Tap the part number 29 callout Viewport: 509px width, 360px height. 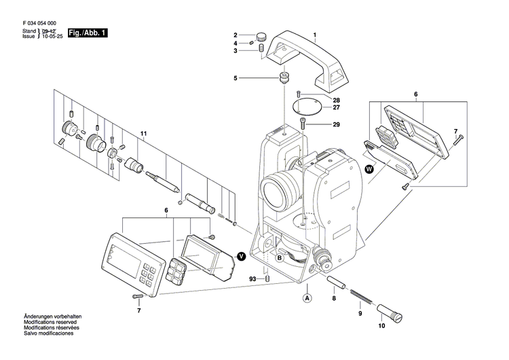pyautogui.click(x=336, y=125)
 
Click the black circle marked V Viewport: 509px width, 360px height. pyautogui.click(x=240, y=255)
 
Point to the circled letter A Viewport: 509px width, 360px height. pyautogui.click(x=307, y=297)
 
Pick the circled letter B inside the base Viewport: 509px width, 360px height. pyautogui.click(x=280, y=257)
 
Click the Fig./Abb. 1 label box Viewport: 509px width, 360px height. pyautogui.click(x=87, y=33)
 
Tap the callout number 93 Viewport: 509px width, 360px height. pyautogui.click(x=252, y=279)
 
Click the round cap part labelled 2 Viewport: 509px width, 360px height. pyautogui.click(x=260, y=35)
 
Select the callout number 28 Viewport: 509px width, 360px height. pyautogui.click(x=336, y=100)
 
